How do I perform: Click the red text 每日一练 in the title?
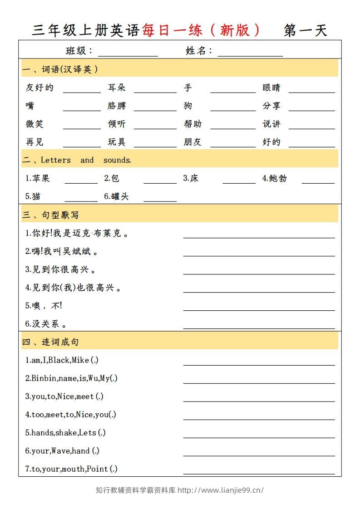point(173,30)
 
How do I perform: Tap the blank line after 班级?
point(128,54)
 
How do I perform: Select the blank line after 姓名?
point(250,54)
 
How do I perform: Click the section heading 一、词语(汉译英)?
point(60,69)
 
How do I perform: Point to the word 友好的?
point(39,88)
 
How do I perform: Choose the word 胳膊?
point(117,106)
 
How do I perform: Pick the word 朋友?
point(192,142)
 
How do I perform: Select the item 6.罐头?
point(116,196)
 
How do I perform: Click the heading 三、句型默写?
point(50,215)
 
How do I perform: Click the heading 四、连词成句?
point(50,342)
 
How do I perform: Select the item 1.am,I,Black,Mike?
point(62,360)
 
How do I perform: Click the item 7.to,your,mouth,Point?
point(71,469)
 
